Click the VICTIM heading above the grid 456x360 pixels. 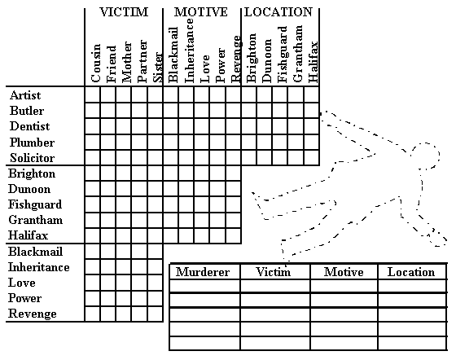(124, 12)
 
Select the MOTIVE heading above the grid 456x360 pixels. (200, 12)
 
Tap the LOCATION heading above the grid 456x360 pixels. (278, 12)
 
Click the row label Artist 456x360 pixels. (25, 95)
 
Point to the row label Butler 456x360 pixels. (27, 111)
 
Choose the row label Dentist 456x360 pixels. (29, 126)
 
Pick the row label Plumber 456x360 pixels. (32, 143)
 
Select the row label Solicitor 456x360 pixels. (32, 158)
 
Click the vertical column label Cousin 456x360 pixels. (96, 63)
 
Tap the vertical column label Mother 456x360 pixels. (127, 62)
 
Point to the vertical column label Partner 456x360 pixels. (142, 61)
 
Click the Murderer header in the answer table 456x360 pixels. (203, 272)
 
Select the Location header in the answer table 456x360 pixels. (411, 272)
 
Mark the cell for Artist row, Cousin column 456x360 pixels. (93, 94)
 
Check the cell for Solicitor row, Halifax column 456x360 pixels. (312, 158)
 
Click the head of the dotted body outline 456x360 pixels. (425, 156)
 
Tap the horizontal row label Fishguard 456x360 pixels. (35, 204)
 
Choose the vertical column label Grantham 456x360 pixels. (297, 54)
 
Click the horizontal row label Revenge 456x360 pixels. (33, 314)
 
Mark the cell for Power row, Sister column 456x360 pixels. (156, 298)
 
